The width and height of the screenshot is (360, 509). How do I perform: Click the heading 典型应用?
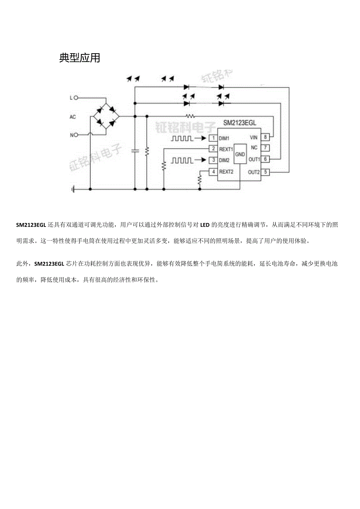point(80,58)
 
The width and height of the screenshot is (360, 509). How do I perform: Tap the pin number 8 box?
point(266,137)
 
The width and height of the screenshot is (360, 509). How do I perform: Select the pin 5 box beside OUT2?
point(266,172)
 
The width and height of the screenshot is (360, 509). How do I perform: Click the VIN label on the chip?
point(254,137)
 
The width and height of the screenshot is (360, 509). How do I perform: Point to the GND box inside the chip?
point(240,155)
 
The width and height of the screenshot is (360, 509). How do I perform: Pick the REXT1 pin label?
point(226,149)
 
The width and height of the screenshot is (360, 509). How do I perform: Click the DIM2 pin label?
point(224,160)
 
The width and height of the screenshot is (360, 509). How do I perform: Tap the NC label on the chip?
point(254,148)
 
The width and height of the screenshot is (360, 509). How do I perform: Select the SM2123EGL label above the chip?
point(240,123)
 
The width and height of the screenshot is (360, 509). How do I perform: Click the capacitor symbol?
point(135,151)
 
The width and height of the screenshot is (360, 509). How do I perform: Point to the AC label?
point(73,117)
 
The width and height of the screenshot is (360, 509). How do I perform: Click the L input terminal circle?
point(76,98)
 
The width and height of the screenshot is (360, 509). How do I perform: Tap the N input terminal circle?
point(76,135)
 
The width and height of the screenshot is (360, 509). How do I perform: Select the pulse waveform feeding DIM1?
point(182,138)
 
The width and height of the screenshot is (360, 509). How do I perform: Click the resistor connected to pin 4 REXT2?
point(200,180)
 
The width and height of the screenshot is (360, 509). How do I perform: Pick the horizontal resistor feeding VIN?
point(190,116)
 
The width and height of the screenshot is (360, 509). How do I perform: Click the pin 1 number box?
point(213,138)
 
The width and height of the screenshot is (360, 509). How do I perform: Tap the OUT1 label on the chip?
point(254,160)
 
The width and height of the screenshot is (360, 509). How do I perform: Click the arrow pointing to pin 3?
point(201,160)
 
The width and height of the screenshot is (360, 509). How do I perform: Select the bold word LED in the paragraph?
point(205,225)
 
